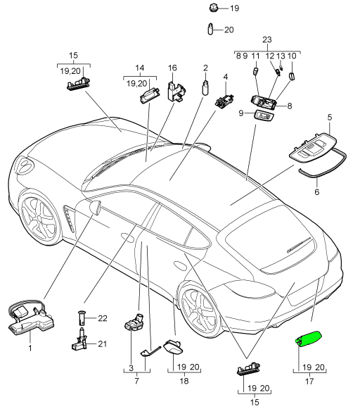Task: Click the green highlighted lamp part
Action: pos(308,339)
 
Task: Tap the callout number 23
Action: pos(267,40)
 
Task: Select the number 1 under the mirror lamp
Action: pos(30,348)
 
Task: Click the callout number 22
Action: pos(103,318)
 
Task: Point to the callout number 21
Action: pos(103,344)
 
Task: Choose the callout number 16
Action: pos(172,68)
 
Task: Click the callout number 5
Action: pos(330,118)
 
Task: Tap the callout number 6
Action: pos(317,192)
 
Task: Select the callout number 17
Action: pos(309,382)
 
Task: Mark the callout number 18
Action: pos(184,381)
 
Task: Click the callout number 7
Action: pos(137,381)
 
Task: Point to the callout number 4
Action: pos(226,77)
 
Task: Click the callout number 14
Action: pos(140,68)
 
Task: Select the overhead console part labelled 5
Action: pos(313,148)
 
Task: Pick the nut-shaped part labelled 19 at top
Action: pos(213,8)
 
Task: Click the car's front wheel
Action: pos(39,217)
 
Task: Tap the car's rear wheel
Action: pos(199,310)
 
